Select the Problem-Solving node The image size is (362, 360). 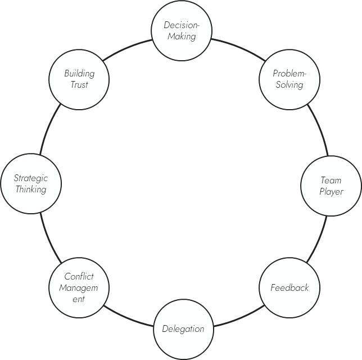288,79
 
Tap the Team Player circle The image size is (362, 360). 331,186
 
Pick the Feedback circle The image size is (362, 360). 289,288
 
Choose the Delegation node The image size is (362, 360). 183,329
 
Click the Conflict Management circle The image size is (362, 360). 79,287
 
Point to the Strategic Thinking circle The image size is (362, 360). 31,184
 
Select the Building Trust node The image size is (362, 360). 79,79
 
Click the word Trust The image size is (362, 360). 79,85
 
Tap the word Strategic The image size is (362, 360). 31,178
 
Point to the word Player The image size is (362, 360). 331,192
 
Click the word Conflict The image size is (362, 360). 79,277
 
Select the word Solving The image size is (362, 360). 289,85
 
